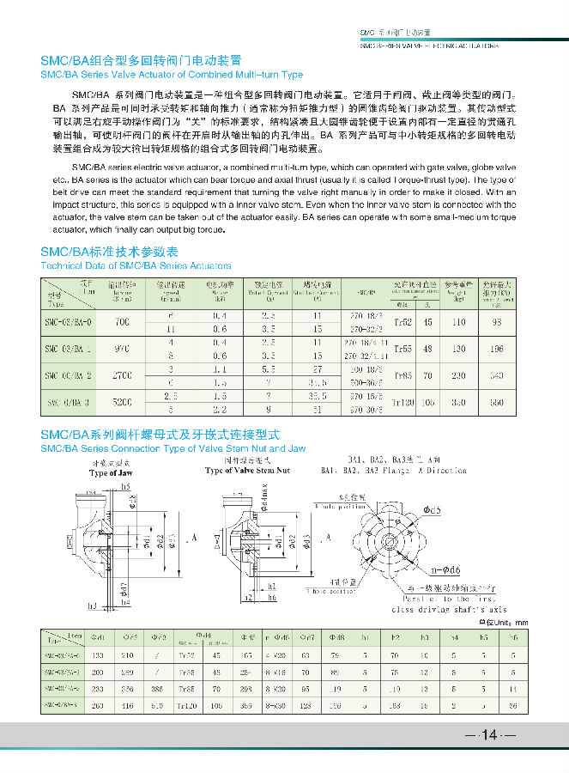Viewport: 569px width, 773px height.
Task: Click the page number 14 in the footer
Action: (x=490, y=735)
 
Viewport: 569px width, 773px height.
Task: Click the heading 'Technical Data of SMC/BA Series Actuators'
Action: (x=136, y=266)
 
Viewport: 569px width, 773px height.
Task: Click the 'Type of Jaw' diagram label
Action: (x=111, y=473)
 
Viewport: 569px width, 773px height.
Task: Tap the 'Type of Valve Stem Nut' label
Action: (x=248, y=471)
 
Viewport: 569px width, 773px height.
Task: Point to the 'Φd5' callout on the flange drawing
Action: (x=431, y=509)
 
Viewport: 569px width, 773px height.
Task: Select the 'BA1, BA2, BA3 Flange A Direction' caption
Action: (x=393, y=471)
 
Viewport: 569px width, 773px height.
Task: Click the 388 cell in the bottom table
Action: (x=156, y=689)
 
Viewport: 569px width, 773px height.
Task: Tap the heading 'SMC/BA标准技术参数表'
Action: (x=109, y=253)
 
